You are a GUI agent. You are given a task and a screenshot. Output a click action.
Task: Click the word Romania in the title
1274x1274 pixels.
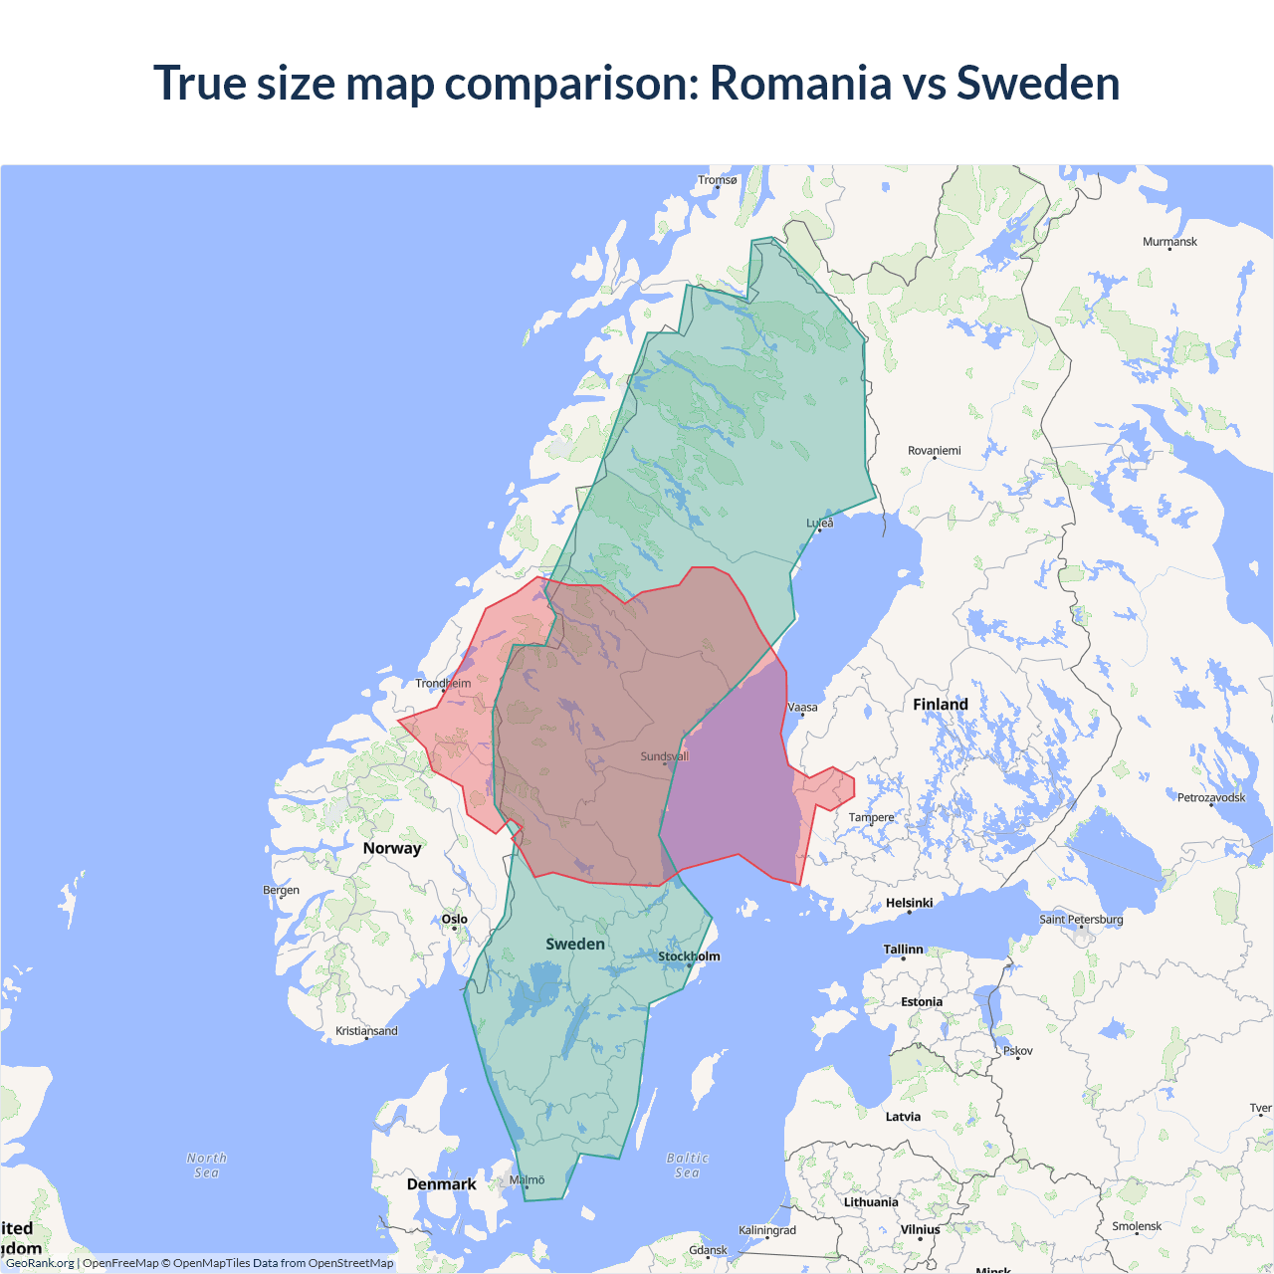point(800,83)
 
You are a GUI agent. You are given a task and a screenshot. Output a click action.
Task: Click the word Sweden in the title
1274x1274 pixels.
point(1037,83)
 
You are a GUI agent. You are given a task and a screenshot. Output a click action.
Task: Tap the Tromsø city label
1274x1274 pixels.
point(717,180)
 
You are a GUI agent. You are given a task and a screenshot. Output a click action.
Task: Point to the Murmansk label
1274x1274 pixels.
point(1169,242)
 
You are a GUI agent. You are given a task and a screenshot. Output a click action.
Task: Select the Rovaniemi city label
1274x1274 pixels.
point(934,451)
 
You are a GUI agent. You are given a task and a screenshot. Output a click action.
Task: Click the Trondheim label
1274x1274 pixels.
point(443,684)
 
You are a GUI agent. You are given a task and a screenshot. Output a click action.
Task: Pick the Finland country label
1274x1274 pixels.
point(940,705)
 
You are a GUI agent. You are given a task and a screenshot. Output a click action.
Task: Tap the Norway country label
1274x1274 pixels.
point(392,848)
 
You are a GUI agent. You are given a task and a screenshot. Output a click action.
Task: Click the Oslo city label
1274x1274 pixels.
point(454,920)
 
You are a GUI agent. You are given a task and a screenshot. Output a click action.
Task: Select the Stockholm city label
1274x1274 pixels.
point(689,956)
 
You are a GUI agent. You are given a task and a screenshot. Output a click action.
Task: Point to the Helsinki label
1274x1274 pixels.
point(909,904)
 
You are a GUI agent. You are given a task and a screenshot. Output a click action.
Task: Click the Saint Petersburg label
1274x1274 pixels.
point(1081,920)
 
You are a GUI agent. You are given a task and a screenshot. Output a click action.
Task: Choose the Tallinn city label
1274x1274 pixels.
point(903,950)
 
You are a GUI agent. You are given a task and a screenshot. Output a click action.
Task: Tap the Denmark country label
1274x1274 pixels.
point(441,1184)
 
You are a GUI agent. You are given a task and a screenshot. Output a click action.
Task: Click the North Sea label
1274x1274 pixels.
point(207,1166)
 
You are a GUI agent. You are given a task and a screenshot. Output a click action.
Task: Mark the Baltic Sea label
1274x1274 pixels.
point(687,1166)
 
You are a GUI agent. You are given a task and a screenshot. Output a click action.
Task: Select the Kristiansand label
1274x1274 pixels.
point(366,1031)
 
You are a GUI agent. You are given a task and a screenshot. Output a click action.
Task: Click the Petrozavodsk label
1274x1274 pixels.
point(1210,797)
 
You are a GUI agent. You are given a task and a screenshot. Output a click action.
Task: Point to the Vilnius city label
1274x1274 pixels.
point(920,1230)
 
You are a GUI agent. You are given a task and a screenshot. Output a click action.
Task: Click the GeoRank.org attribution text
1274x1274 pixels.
point(40,1263)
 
